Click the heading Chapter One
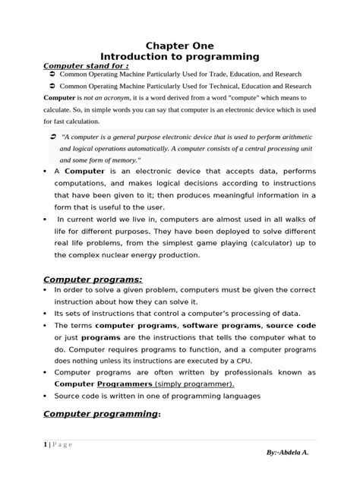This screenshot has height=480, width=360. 180,46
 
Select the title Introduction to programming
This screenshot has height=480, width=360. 180,57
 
